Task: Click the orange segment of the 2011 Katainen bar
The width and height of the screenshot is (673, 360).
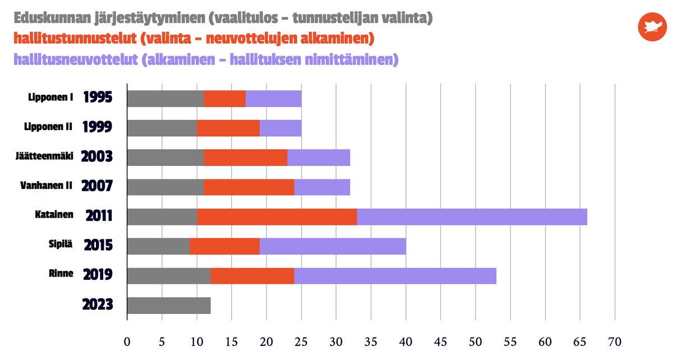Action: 276,216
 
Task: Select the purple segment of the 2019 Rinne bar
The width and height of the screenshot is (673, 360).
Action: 395,275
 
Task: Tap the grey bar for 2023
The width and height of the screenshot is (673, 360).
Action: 169,305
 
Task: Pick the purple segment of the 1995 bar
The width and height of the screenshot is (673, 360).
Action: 273,98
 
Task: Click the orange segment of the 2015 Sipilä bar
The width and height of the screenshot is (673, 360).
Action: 224,246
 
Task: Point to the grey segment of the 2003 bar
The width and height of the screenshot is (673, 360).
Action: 165,158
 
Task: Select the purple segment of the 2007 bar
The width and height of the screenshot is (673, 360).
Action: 322,187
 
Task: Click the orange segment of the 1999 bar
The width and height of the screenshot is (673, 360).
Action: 228,128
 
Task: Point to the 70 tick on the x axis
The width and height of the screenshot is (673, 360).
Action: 615,341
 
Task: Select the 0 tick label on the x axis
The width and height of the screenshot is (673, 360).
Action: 127,341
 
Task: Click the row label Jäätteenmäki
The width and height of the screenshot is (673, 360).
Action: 44,156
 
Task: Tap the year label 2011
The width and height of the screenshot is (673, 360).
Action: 99,216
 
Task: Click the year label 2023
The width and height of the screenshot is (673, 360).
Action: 98,305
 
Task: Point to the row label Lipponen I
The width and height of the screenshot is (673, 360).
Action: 50,98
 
